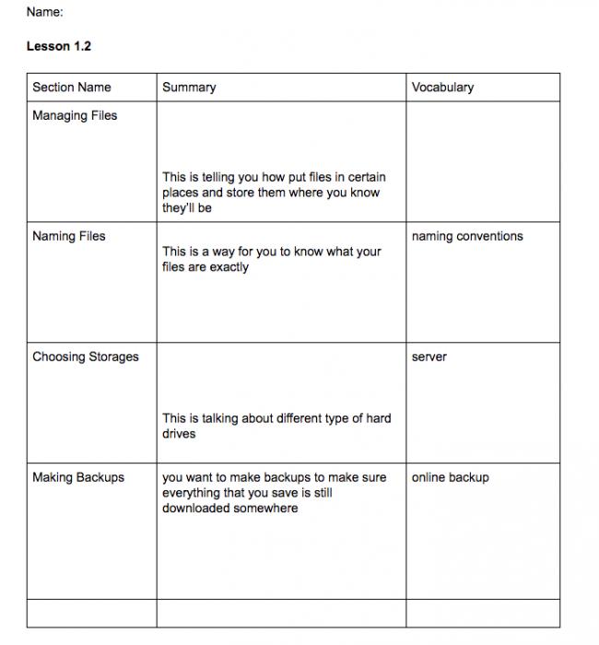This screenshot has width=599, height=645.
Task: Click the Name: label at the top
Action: click(44, 13)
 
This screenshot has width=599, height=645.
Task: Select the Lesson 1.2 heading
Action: click(59, 47)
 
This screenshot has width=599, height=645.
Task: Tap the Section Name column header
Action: click(72, 88)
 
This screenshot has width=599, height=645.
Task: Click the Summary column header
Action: click(189, 88)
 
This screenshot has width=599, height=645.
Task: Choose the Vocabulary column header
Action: click(443, 88)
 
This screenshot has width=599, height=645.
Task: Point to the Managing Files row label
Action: click(75, 116)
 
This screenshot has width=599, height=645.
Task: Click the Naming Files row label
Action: click(69, 237)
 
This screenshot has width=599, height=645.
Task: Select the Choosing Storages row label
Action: click(86, 358)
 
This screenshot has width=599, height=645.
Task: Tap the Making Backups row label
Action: click(78, 478)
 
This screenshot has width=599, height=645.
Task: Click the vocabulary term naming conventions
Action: click(467, 237)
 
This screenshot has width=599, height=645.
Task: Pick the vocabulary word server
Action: click(429, 358)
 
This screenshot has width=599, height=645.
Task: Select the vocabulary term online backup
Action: click(451, 478)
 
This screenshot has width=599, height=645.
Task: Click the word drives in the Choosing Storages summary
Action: click(179, 434)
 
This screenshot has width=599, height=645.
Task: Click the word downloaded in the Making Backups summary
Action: click(196, 509)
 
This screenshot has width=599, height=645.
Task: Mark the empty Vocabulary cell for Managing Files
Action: click(482, 161)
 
